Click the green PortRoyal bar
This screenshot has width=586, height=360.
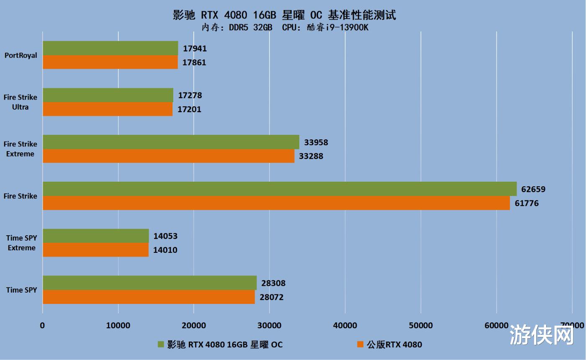pos(110,48)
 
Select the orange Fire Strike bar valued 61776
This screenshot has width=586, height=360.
pos(276,203)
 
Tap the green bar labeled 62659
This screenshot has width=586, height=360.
pos(280,189)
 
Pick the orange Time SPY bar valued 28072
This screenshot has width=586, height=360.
pos(149,297)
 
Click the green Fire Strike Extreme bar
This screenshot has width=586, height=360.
pos(171,142)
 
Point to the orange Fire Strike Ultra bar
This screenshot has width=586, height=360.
pos(108,109)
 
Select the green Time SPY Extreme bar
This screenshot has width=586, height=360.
pos(95,236)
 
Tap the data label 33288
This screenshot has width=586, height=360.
pos(311,157)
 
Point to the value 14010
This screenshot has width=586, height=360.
pos(165,250)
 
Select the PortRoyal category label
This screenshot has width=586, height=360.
pos(21,55)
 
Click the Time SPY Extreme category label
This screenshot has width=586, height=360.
pos(21,243)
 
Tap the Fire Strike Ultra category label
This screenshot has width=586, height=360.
pos(21,102)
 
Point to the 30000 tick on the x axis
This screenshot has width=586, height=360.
pos(269,326)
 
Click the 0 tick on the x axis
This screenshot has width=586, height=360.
pos(42,326)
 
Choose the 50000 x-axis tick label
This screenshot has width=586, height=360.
pos(420,326)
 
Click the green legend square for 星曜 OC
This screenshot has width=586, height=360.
pos(160,345)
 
